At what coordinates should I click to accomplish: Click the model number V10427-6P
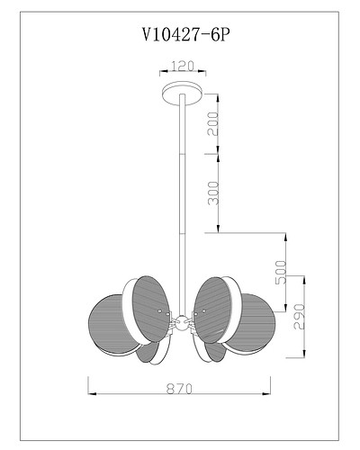180,35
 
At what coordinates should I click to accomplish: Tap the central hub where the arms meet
180,320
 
